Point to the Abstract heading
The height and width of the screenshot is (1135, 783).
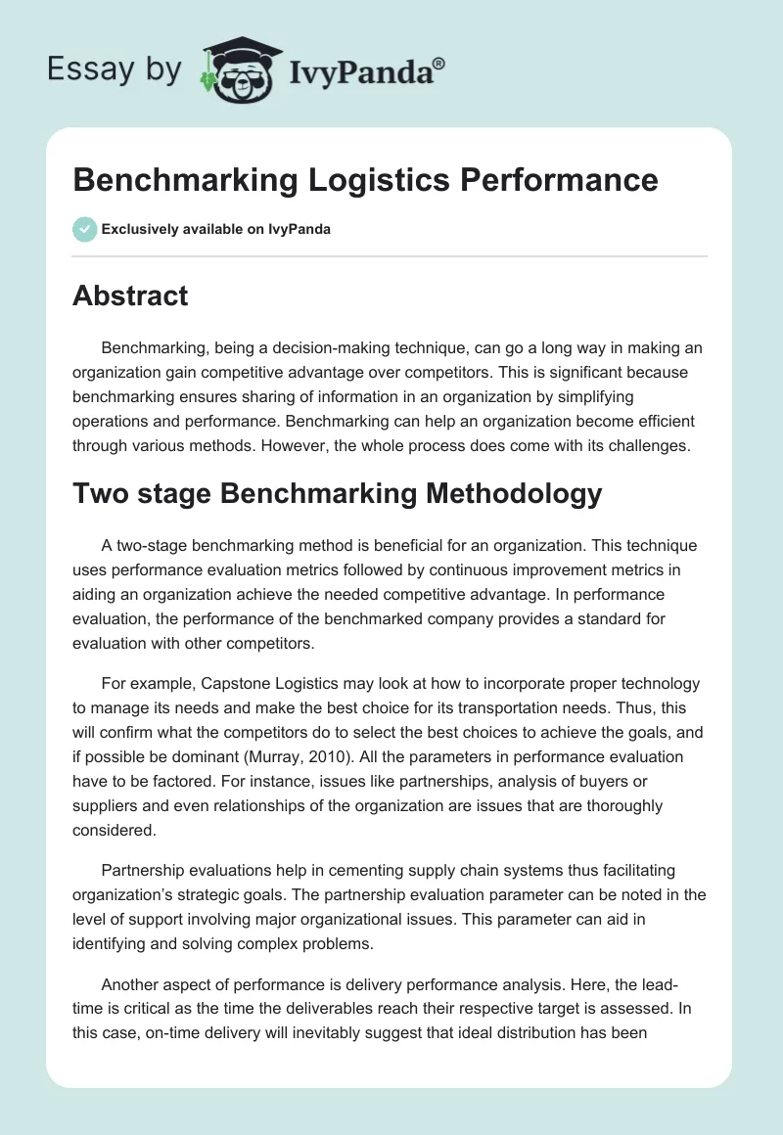pyautogui.click(x=130, y=295)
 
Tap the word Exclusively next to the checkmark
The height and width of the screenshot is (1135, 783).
pyautogui.click(x=137, y=230)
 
